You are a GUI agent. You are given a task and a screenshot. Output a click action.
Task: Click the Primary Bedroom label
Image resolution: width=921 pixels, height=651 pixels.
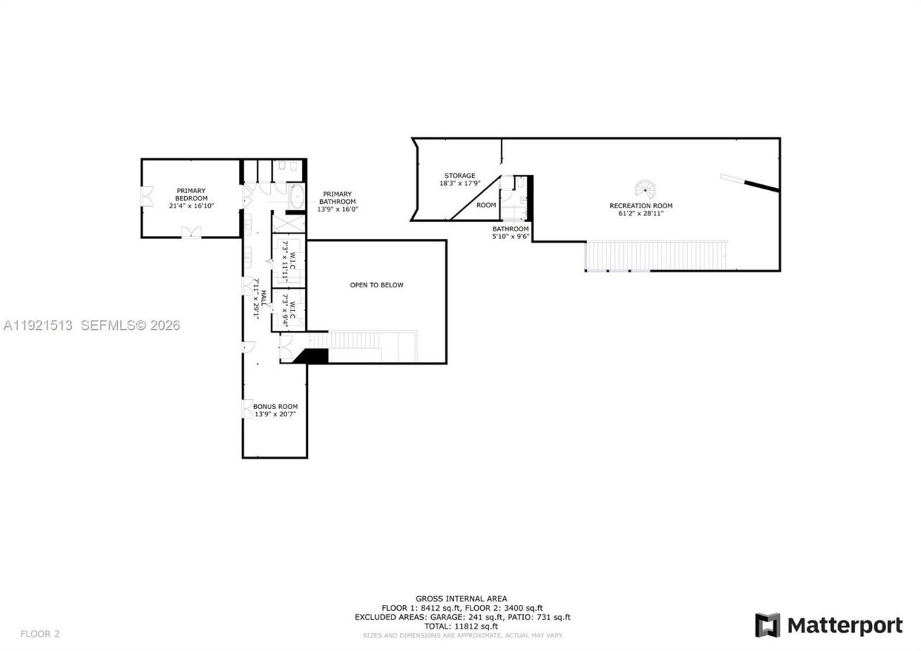191,194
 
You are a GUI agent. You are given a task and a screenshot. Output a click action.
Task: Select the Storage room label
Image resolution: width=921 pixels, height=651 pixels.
459,176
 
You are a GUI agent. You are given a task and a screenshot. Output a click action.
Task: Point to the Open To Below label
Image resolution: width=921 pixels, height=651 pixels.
376,285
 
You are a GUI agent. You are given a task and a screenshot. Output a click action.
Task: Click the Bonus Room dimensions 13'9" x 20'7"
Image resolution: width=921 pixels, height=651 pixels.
275,414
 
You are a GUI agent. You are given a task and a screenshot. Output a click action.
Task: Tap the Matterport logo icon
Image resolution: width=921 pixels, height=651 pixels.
767,625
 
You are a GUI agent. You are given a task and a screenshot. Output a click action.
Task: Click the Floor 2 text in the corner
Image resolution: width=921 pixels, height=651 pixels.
40,634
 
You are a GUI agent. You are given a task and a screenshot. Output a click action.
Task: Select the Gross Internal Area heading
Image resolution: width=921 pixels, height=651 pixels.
461,598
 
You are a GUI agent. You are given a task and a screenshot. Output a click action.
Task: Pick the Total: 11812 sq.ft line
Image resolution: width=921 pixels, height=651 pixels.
461,627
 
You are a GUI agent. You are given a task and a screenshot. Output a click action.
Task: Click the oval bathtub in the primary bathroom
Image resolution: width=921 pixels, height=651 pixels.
295,196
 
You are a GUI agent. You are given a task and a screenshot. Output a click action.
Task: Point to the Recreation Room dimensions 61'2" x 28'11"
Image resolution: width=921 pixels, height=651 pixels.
640,214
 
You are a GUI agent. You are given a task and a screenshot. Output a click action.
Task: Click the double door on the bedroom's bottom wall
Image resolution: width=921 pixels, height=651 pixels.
191,232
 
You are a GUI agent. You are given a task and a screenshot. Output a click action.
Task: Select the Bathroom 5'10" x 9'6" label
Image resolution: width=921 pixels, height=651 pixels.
510,232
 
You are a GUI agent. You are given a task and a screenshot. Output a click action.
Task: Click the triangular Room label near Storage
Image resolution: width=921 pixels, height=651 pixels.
486,205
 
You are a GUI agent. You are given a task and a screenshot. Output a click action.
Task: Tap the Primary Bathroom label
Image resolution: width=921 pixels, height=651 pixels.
337,202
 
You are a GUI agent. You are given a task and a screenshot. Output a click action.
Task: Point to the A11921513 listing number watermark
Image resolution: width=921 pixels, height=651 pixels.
37,325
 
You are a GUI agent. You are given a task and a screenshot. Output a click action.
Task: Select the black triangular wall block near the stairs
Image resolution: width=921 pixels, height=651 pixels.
312,355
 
